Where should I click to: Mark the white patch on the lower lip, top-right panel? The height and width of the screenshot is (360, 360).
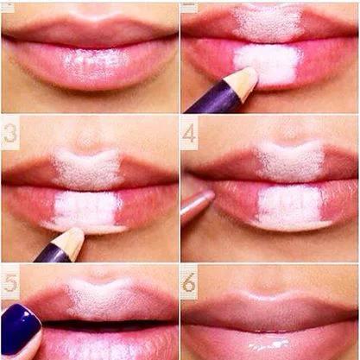(268, 64)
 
